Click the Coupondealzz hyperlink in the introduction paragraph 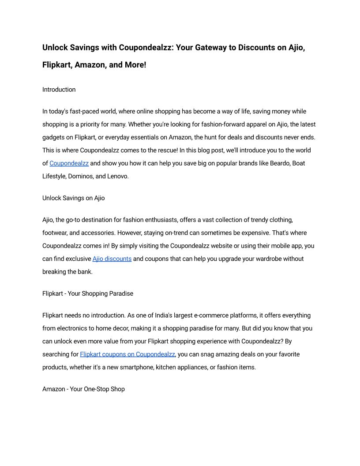coord(69,163)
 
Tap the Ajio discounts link coord(112,259)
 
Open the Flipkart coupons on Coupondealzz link coord(127,354)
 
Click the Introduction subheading coord(59,90)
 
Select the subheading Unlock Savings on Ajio coord(73,198)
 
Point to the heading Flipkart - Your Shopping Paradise coord(87,293)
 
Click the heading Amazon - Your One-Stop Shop coord(83,389)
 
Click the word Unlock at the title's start coord(56,47)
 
